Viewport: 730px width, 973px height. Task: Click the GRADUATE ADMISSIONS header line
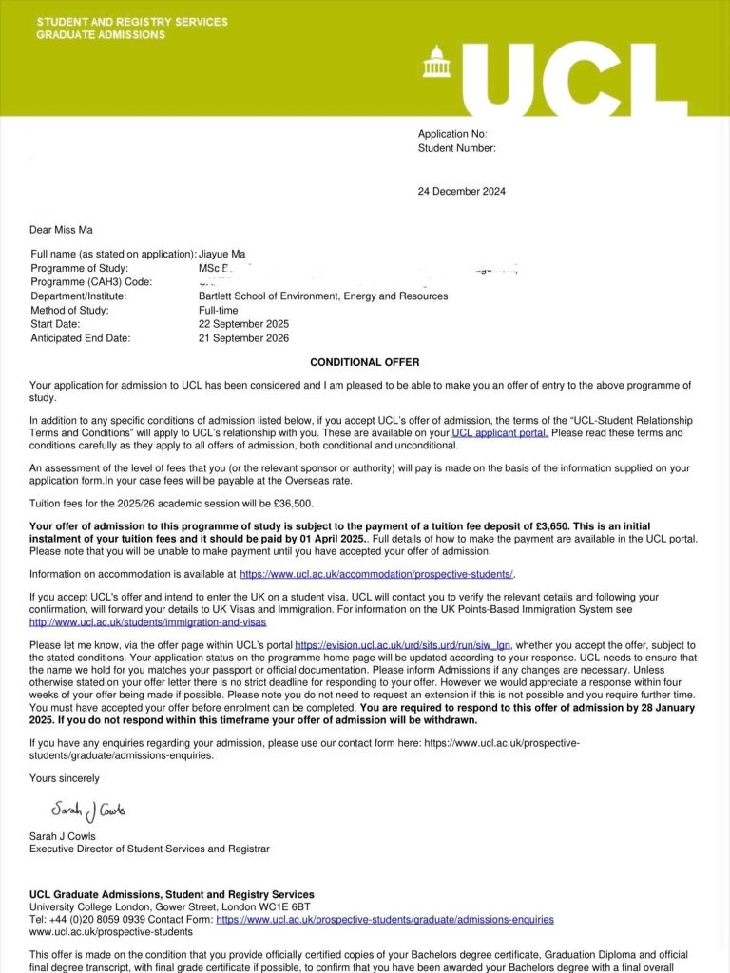(101, 35)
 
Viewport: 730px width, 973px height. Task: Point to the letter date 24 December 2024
(462, 191)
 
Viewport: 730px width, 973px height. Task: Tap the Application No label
(452, 134)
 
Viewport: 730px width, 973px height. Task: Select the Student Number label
(457, 148)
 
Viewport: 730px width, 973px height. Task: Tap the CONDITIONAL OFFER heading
(364, 362)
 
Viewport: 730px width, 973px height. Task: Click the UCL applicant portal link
(500, 432)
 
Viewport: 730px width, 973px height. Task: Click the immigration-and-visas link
(148, 622)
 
